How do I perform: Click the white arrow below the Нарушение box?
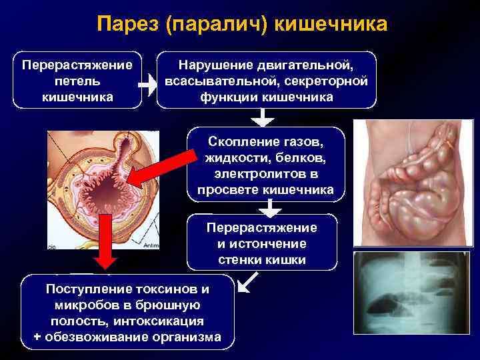point(265,117)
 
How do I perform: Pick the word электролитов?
point(265,174)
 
